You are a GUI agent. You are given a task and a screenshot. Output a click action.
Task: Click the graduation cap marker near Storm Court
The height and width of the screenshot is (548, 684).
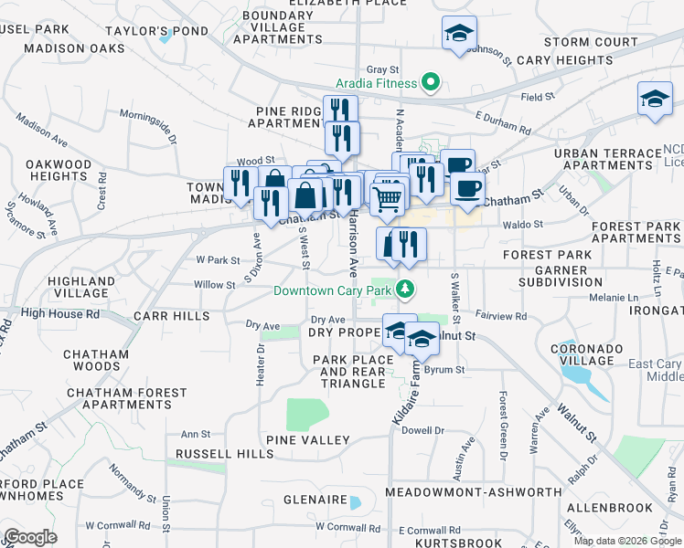(458, 34)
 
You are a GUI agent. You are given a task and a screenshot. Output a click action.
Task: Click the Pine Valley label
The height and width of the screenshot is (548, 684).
(308, 440)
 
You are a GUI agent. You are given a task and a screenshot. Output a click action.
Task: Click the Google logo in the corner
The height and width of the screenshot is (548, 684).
(29, 537)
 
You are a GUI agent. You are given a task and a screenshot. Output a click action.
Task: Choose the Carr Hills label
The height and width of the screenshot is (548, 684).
(171, 316)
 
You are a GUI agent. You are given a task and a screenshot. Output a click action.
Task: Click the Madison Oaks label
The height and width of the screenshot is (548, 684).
(74, 47)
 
